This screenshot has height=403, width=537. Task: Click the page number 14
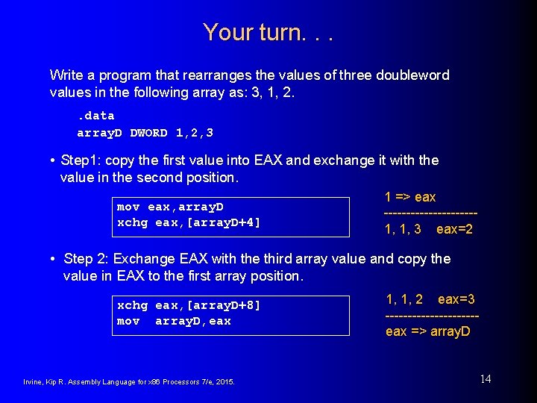pyautogui.click(x=485, y=379)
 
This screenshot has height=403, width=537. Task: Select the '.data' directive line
pyautogui.click(x=95, y=115)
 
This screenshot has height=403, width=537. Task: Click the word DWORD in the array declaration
pyautogui.click(x=148, y=133)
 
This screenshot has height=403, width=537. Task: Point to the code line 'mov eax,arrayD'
pyautogui.click(x=170, y=207)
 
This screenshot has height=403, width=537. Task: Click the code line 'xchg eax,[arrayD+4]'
pyautogui.click(x=189, y=222)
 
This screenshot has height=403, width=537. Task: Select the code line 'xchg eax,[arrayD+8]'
pyautogui.click(x=189, y=305)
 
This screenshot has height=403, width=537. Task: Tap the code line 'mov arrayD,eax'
pyautogui.click(x=174, y=321)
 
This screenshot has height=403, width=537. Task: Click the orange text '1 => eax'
pyautogui.click(x=410, y=197)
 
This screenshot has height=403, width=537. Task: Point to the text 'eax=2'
pyautogui.click(x=454, y=229)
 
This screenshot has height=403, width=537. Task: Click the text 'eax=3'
pyautogui.click(x=456, y=299)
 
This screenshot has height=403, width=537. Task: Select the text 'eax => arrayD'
pyautogui.click(x=428, y=331)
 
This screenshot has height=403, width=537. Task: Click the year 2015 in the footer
pyautogui.click(x=224, y=382)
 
